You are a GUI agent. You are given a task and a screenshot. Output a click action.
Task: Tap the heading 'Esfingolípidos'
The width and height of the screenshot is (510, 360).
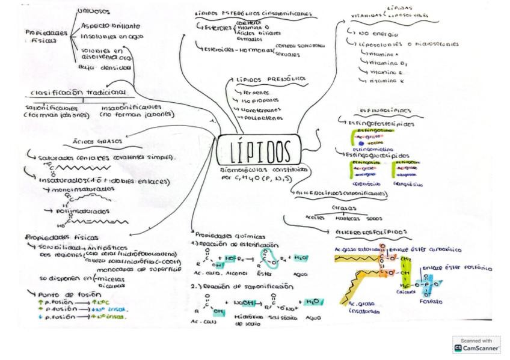click(x=385, y=111)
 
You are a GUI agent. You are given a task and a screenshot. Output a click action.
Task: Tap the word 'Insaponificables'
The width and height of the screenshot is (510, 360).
click(x=133, y=106)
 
